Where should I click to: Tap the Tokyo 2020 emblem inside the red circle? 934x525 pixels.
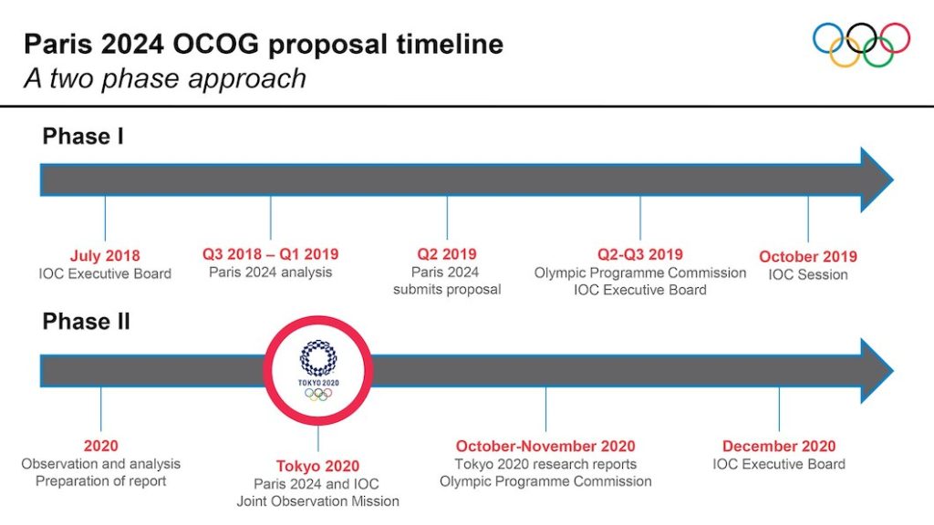tap(318, 370)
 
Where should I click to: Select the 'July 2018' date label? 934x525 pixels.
tap(105, 256)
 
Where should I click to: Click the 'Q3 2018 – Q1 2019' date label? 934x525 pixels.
tap(270, 254)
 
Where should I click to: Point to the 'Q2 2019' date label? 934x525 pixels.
tap(447, 254)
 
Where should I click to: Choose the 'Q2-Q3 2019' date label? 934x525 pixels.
tap(640, 255)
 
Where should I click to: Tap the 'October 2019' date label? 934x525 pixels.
tap(808, 256)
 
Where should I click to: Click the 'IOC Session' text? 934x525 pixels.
tap(808, 274)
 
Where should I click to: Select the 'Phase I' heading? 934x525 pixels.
tap(83, 137)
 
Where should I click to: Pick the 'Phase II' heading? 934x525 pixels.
tap(86, 322)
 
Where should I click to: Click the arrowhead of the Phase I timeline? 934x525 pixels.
tap(877, 180)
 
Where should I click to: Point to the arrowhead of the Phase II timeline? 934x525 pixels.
tap(877, 371)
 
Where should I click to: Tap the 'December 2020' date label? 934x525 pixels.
tap(779, 447)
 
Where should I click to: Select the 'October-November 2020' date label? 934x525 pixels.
tap(545, 447)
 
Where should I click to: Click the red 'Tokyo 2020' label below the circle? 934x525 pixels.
tap(318, 466)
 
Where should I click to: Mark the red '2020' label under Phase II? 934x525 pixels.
tap(100, 446)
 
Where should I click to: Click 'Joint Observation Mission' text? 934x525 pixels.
tap(318, 501)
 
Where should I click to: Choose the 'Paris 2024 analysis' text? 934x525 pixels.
tap(270, 272)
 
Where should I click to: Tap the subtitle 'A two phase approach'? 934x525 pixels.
tap(165, 78)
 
